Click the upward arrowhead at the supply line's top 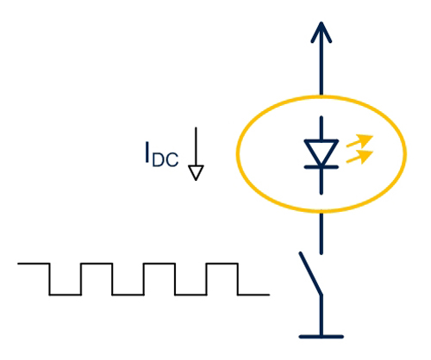coord(322,32)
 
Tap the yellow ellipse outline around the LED coord(239,154)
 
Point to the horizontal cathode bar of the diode coord(322,167)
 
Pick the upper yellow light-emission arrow coord(359,140)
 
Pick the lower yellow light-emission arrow coord(359,157)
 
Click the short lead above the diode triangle coord(322,128)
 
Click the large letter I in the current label coord(147,152)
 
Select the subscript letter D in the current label coord(158,160)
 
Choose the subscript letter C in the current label coord(172,160)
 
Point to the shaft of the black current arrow coord(196,146)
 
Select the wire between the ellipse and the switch coord(322,233)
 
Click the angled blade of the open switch coord(310,273)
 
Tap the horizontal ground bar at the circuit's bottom coord(322,337)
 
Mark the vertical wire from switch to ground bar coord(322,315)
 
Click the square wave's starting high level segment coord(34,264)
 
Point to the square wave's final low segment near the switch coord(253,295)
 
